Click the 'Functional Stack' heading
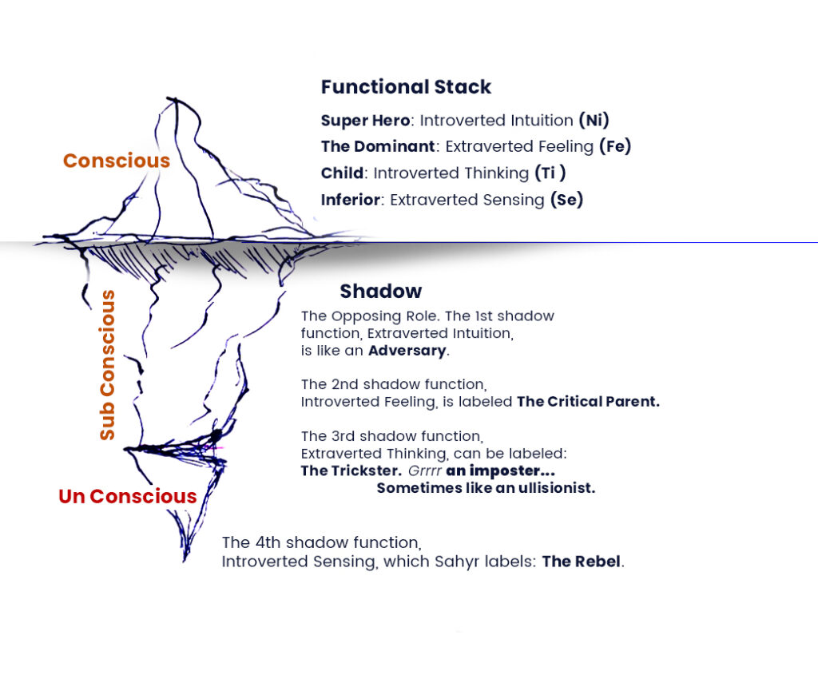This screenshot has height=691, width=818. coord(406,87)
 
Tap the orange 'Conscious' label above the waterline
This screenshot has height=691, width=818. coord(117,161)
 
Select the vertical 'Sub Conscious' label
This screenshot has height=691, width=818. coord(107,365)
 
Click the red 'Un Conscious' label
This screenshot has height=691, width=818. coord(128,496)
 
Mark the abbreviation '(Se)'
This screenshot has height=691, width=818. coord(566,200)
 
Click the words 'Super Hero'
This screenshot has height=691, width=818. coord(365,121)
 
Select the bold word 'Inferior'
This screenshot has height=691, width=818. coord(350,200)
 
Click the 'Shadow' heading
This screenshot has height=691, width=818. coord(381,291)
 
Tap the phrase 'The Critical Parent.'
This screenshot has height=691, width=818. coord(588,402)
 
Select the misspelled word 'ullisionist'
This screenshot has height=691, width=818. coord(554,488)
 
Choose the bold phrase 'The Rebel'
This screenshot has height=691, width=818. coord(581,561)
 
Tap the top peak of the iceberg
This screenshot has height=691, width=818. coord(169,100)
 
